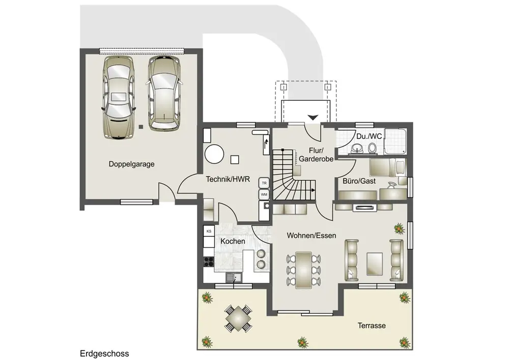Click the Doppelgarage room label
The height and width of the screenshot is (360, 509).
131,164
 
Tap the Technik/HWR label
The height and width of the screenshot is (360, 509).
228,179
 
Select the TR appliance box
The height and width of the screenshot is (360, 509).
264,183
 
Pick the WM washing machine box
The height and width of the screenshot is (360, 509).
264,195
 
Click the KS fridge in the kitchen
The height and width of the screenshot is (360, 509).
209,232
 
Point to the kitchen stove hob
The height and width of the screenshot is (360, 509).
209,261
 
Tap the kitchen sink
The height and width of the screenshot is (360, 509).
234,278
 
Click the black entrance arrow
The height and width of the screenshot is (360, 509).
313,118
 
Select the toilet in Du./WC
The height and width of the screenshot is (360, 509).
373,148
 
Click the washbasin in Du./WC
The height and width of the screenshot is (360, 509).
356,149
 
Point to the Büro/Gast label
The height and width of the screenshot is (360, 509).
359,181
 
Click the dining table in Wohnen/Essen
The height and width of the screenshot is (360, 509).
303,270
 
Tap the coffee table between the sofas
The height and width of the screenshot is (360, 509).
374,264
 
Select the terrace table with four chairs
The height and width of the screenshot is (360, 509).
239,318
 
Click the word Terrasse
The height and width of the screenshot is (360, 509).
372,325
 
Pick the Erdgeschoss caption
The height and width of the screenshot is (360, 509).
104,353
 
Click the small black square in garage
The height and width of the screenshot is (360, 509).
140,127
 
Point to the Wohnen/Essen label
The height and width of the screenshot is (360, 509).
312,235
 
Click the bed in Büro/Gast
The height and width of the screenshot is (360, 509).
387,168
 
